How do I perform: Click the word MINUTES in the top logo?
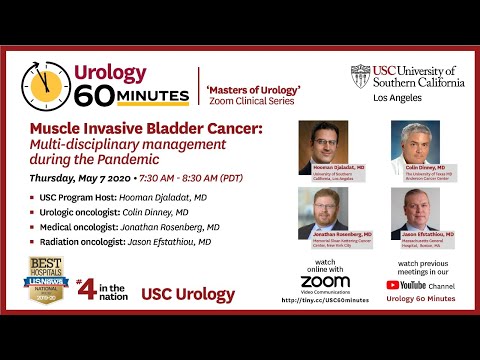pos(143,96)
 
